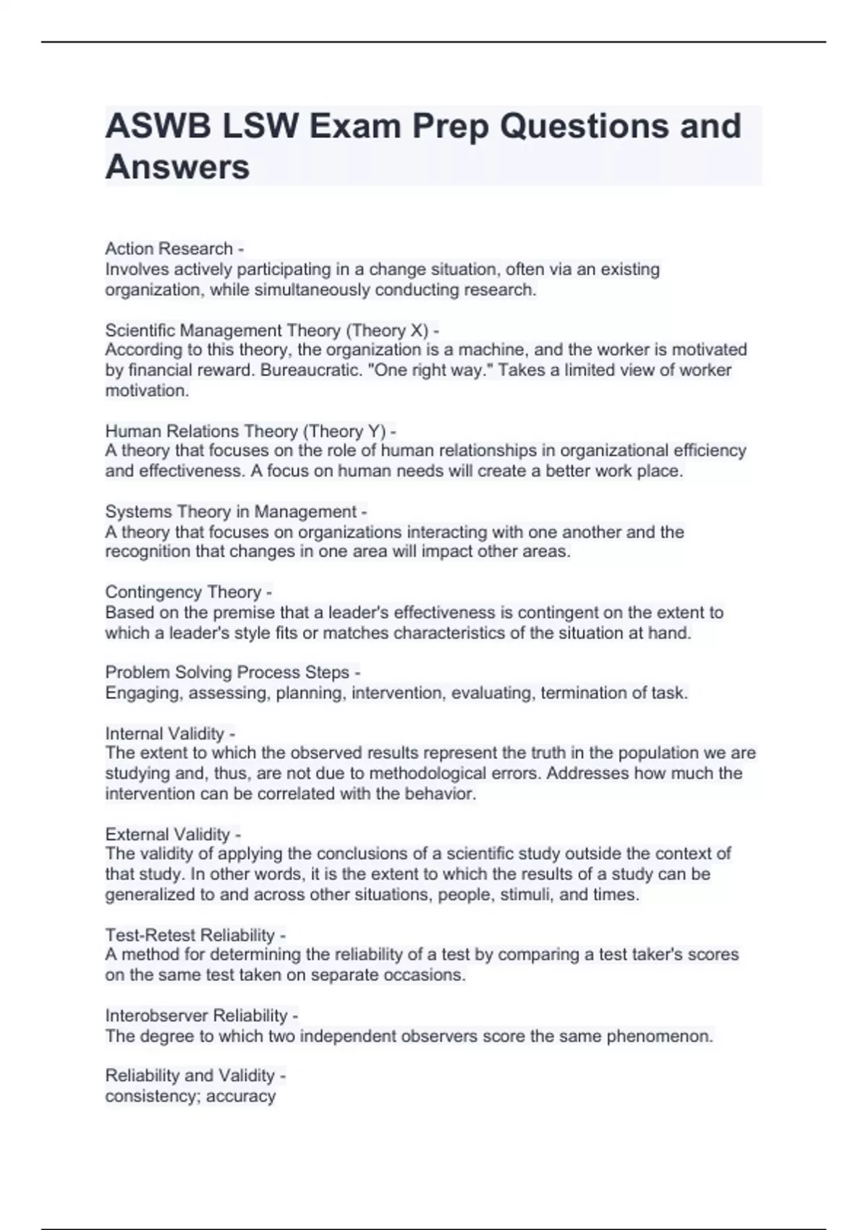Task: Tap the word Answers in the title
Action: pyautogui.click(x=177, y=167)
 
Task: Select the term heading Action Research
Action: pyautogui.click(x=169, y=249)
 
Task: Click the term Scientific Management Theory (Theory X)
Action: pyautogui.click(x=267, y=331)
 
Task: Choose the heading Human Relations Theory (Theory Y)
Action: pyautogui.click(x=245, y=431)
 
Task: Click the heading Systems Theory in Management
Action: pyautogui.click(x=231, y=512)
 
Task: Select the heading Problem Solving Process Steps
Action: pyautogui.click(x=227, y=672)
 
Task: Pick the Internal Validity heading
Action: pyautogui.click(x=164, y=734)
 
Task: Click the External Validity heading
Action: pyautogui.click(x=167, y=834)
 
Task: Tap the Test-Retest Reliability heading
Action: pyautogui.click(x=190, y=935)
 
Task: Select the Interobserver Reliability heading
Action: pyautogui.click(x=196, y=1016)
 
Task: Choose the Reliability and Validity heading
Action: pyautogui.click(x=190, y=1076)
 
